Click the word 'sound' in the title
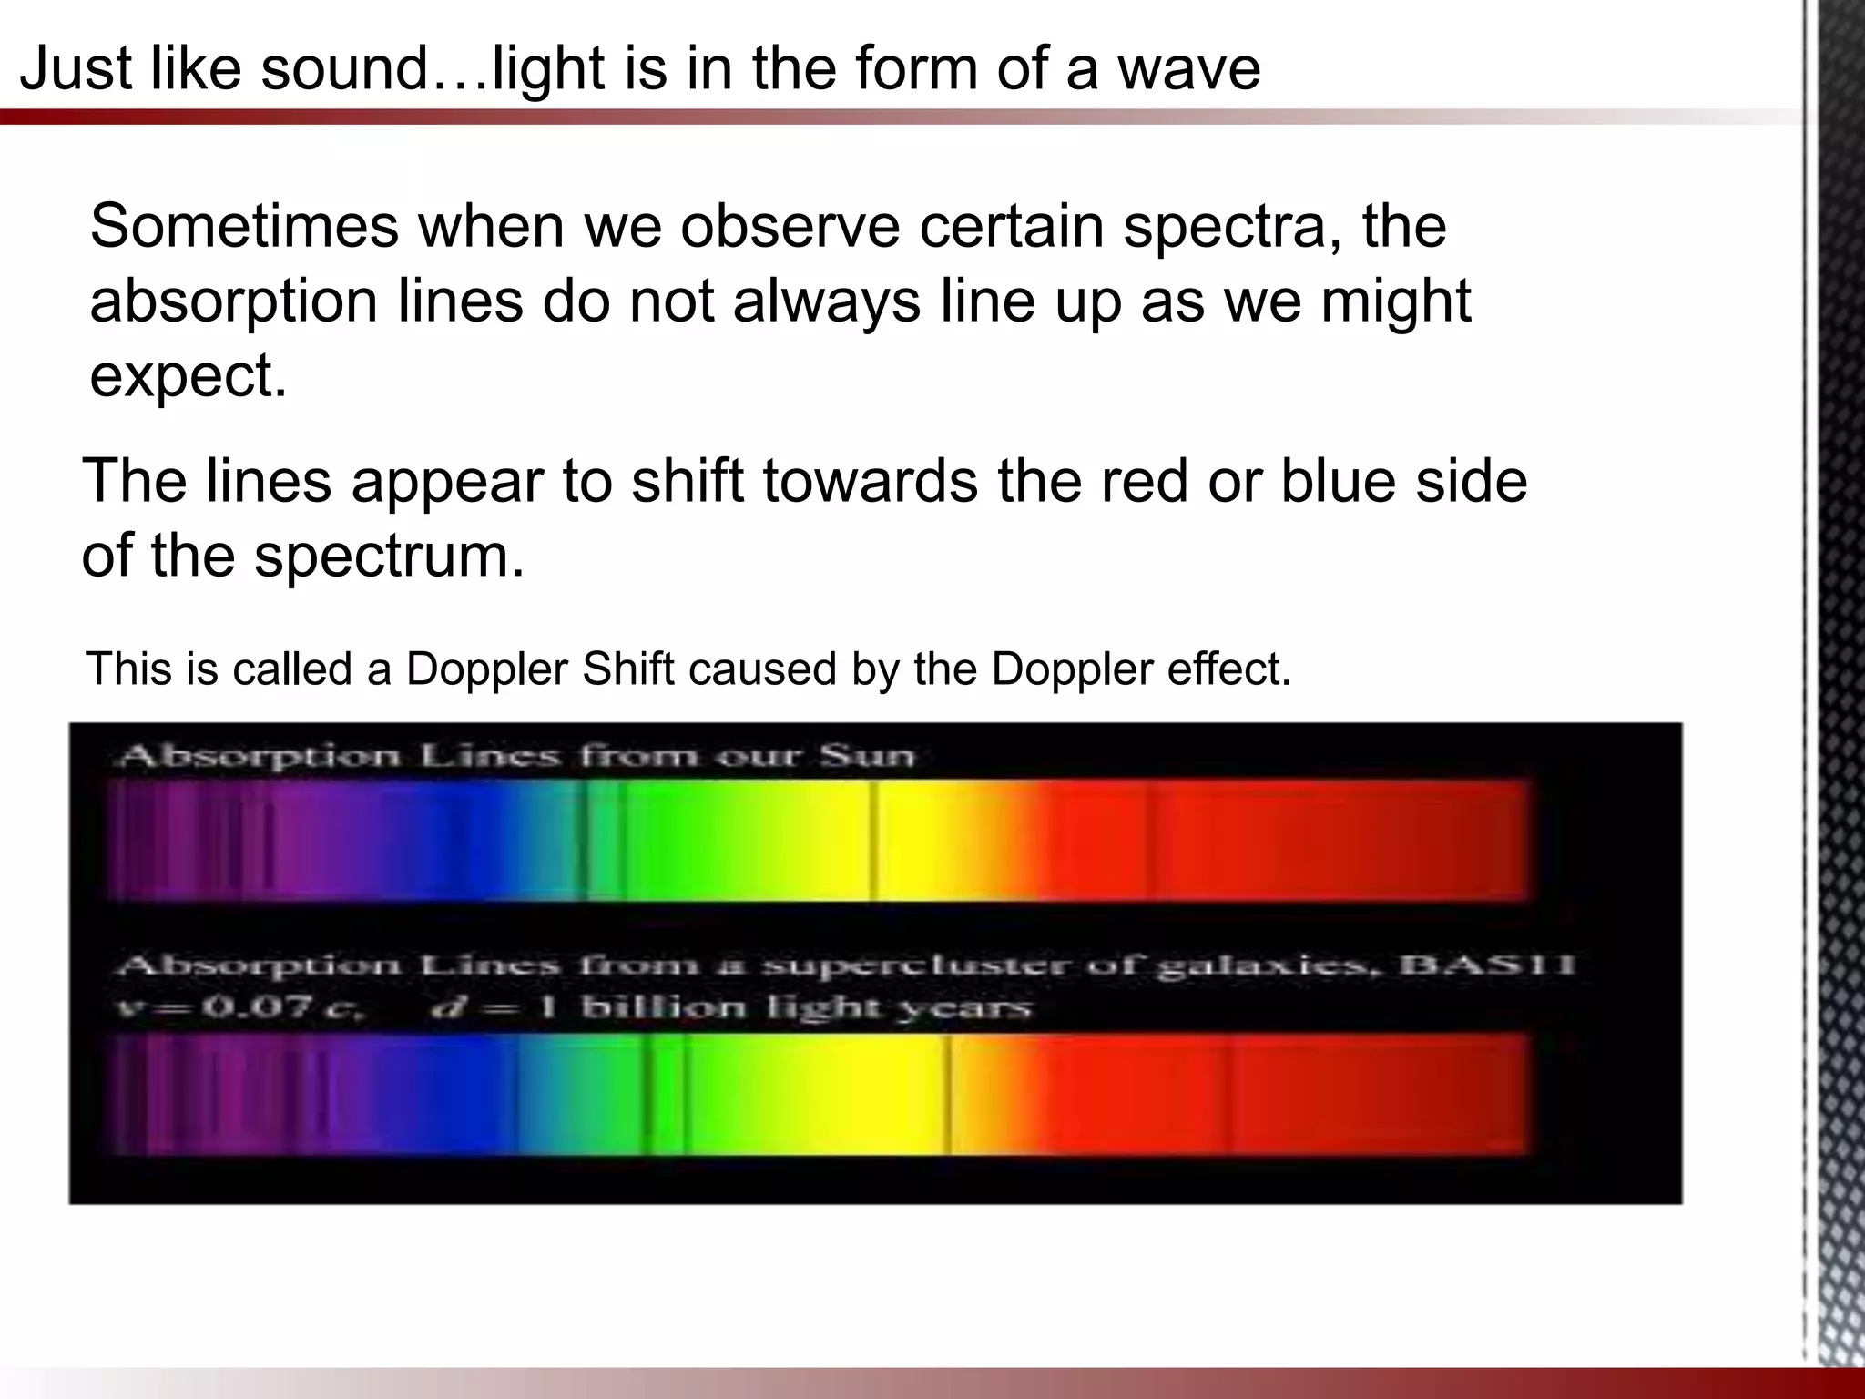point(344,68)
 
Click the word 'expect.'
point(189,375)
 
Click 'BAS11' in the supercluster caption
point(1486,965)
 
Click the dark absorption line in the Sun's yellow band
point(872,841)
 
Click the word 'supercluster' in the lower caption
point(920,965)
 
